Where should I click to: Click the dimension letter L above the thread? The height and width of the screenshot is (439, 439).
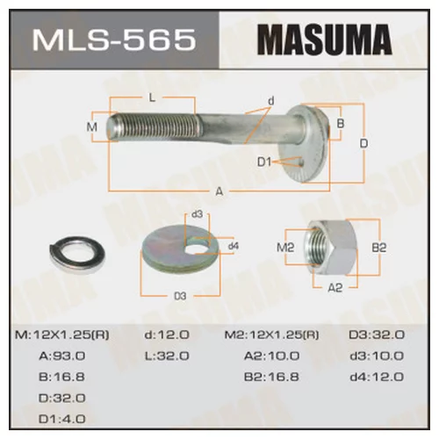pos(152,97)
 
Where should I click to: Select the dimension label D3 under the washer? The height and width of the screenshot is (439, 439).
pos(180,296)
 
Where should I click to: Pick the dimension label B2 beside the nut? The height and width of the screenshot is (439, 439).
pos(378,248)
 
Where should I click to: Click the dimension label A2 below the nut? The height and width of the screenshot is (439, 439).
pos(335,287)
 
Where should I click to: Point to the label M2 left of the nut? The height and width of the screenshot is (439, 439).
pos(284,248)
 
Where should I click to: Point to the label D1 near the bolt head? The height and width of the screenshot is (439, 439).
pos(266,162)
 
